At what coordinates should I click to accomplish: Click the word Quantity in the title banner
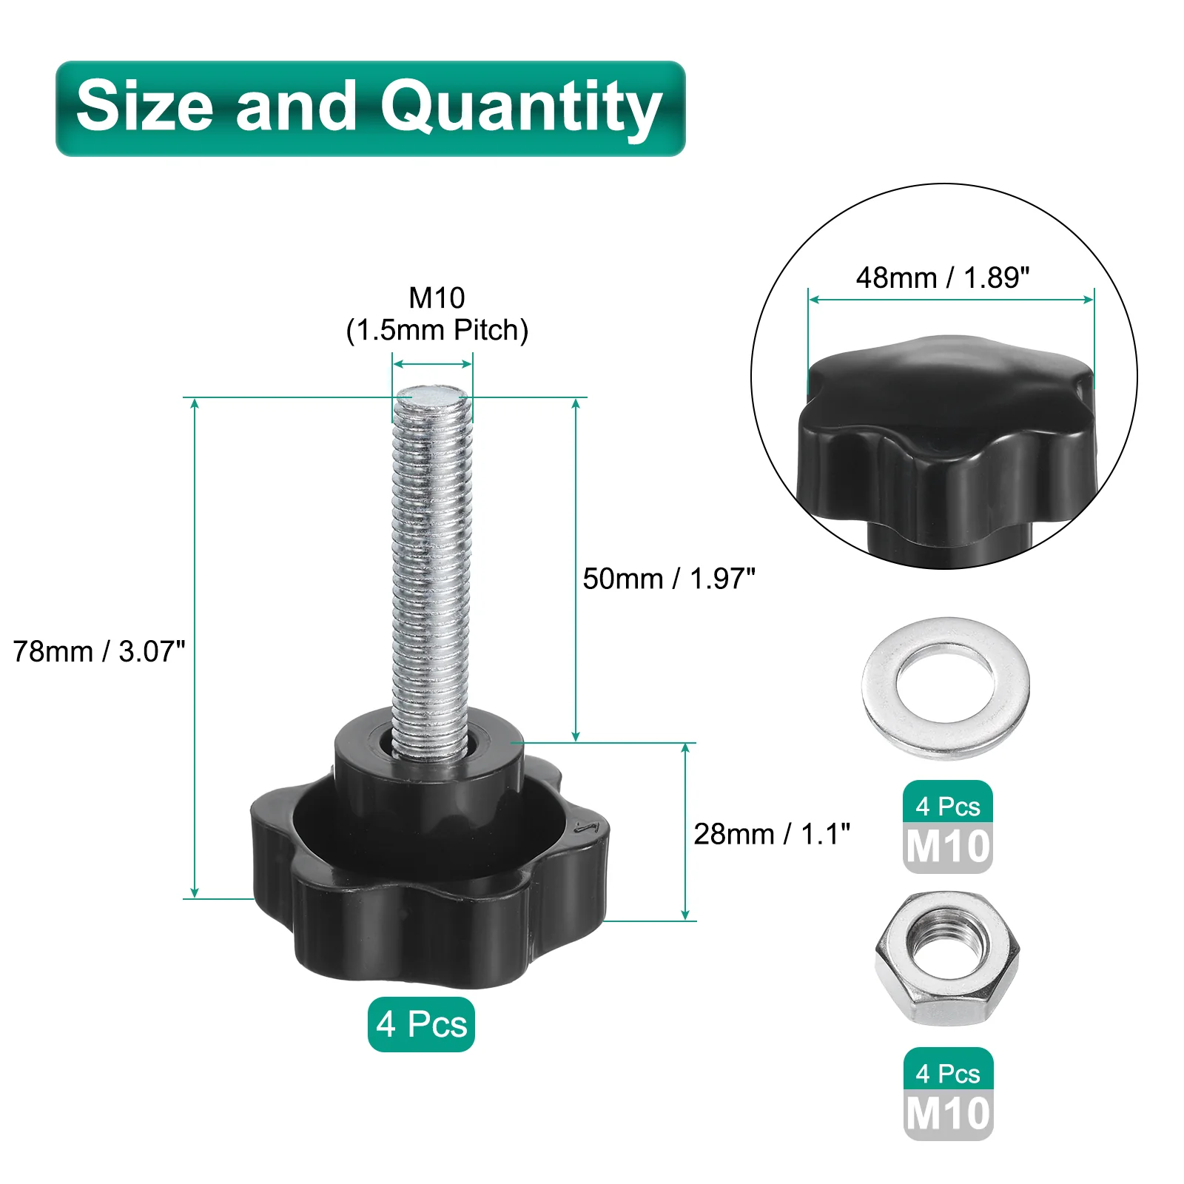[521, 108]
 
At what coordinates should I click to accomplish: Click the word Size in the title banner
[146, 105]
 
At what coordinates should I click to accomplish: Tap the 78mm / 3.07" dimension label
[99, 651]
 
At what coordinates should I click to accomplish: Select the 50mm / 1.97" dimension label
[669, 579]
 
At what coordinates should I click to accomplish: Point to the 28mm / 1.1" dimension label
[772, 834]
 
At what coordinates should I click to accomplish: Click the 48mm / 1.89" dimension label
[943, 277]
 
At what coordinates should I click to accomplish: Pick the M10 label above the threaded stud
[437, 297]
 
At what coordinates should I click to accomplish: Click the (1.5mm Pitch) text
[437, 330]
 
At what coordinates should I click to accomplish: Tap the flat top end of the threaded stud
[433, 394]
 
